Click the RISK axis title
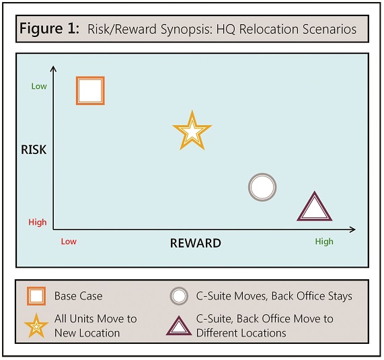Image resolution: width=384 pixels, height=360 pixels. [34, 150]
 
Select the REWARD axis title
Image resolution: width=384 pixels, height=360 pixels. [196, 243]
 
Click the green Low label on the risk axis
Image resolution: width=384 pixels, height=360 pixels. [39, 86]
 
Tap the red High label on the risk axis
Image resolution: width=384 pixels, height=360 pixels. [38, 222]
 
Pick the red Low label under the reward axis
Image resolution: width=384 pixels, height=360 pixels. [69, 242]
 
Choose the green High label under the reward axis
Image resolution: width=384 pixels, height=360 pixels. [324, 242]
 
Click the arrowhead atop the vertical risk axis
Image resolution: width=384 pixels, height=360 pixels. [53, 69]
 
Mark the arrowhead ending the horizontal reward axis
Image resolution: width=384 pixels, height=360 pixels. [352, 229]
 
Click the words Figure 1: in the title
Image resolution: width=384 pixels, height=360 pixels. [50, 28]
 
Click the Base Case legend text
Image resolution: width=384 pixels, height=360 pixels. [79, 296]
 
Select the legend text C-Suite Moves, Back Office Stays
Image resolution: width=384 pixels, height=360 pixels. [274, 296]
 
